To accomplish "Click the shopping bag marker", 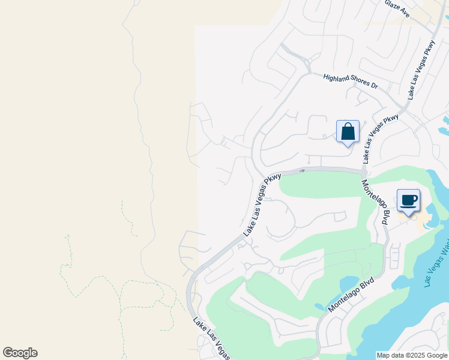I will (x=348, y=131).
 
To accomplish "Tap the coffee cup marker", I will (x=408, y=200).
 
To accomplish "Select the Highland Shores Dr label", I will (x=351, y=82).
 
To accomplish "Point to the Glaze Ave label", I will (x=397, y=8).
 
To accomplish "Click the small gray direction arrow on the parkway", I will (x=303, y=170).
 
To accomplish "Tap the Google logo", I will (x=20, y=353).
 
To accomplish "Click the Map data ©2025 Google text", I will (x=411, y=355).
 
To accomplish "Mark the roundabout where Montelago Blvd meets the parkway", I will (x=364, y=172).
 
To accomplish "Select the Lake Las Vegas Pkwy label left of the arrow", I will (x=262, y=204).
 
